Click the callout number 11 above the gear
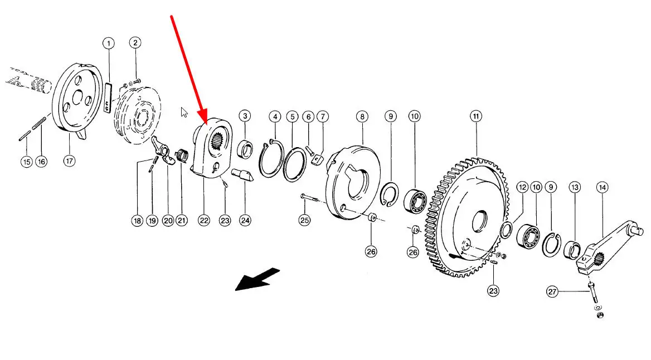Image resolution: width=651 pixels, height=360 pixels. click(476, 116)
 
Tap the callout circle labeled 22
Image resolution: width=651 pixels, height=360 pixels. click(204, 221)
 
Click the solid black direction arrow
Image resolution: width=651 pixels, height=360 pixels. click(258, 279)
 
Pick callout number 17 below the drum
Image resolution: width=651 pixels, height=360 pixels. click(69, 160)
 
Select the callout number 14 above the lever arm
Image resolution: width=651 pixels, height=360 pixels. click(602, 188)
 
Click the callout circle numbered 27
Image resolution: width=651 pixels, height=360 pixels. click(552, 292)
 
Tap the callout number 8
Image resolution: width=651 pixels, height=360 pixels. click(362, 116)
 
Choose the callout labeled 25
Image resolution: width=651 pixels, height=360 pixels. click(304, 220)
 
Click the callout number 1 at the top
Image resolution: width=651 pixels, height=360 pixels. click(108, 43)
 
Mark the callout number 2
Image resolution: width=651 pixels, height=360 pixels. click(135, 42)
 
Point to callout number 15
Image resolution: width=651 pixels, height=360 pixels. click(27, 162)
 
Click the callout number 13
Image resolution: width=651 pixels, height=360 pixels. click(575, 188)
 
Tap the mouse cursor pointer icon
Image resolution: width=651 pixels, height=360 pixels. click(184, 112)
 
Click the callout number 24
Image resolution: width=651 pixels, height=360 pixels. click(245, 221)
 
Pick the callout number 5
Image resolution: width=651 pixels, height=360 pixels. click(292, 116)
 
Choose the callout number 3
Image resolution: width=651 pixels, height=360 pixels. click(245, 116)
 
